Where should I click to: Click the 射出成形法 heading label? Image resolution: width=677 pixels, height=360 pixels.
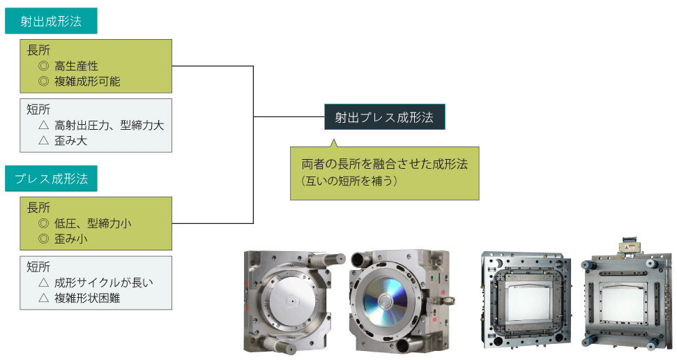coord(51,21)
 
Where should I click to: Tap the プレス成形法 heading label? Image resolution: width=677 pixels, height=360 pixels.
coord(51,179)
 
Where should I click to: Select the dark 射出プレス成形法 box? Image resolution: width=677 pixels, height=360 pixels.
coord(384,117)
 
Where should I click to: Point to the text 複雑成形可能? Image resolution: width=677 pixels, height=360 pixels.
coord(86,82)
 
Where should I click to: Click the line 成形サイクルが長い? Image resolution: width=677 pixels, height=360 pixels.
coord(103,283)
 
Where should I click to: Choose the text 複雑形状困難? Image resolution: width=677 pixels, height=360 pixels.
coord(87,299)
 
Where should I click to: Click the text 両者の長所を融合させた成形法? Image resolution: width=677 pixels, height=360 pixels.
coord(384,165)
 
